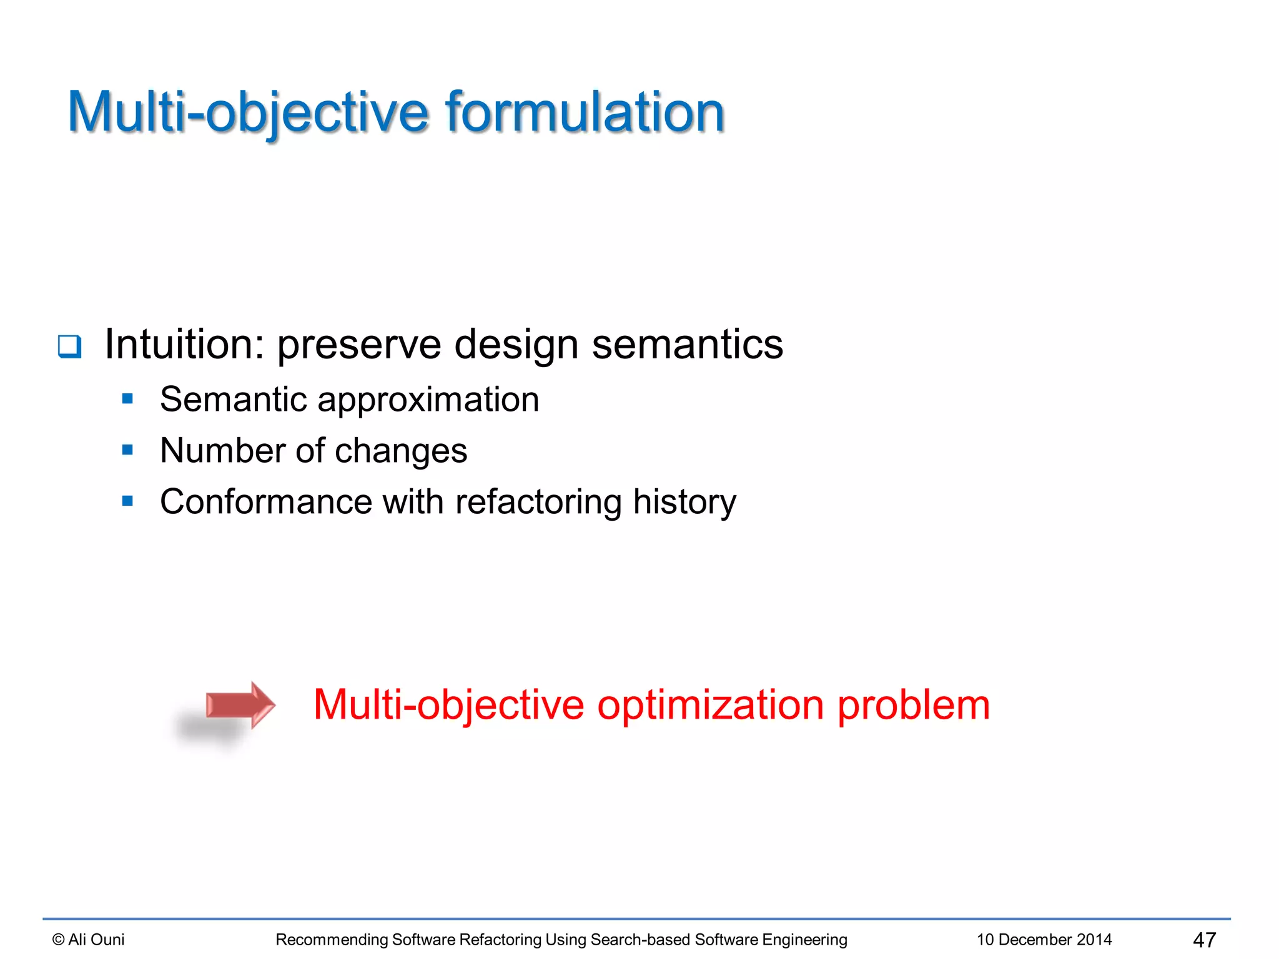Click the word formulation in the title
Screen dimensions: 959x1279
tap(585, 112)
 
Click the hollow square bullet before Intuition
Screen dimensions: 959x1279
tap(69, 346)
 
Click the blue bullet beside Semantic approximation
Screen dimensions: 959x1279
tap(128, 398)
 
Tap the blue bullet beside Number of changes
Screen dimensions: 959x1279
tap(128, 450)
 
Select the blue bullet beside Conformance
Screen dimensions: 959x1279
tap(128, 501)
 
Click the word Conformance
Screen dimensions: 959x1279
tap(266, 501)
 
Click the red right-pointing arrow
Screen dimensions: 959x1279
tap(240, 705)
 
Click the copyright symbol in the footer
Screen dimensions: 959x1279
tap(59, 940)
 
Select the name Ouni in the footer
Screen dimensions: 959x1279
tap(107, 940)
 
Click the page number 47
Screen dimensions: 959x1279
tap(1204, 940)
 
